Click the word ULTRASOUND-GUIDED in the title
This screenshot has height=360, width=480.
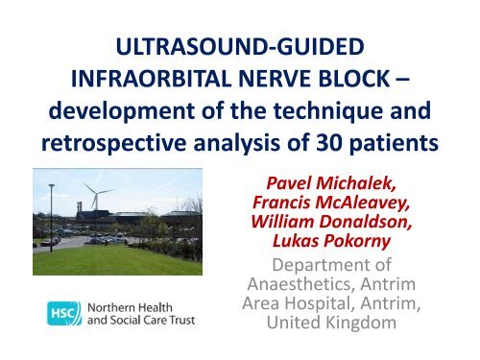(x=240, y=46)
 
